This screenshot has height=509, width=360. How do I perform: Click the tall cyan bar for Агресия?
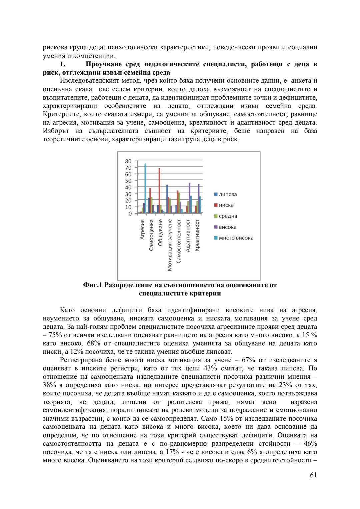pos(145,188)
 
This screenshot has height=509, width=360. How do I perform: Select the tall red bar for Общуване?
pos(159,191)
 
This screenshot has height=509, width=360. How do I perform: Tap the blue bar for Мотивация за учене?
pos(167,199)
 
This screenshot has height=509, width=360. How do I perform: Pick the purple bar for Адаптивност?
pos(189,198)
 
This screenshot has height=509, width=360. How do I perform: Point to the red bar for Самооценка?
pos(150,201)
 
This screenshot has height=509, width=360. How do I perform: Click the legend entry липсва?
pos(228,194)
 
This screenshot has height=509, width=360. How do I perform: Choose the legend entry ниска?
pos(226,205)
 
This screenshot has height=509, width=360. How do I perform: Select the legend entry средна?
pos(228,216)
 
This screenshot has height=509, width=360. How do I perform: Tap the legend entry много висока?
pos(236,238)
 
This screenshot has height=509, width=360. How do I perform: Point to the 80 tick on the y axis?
pos(128,161)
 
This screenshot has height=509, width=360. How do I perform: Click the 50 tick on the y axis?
pos(128,181)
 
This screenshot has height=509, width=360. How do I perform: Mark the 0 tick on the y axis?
pos(130,214)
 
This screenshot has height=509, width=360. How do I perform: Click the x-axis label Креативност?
pos(197,235)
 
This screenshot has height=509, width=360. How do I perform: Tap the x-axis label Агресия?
pos(142,229)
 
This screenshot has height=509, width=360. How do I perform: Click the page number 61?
pos(313,475)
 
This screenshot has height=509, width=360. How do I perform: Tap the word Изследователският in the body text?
pos(88,81)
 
